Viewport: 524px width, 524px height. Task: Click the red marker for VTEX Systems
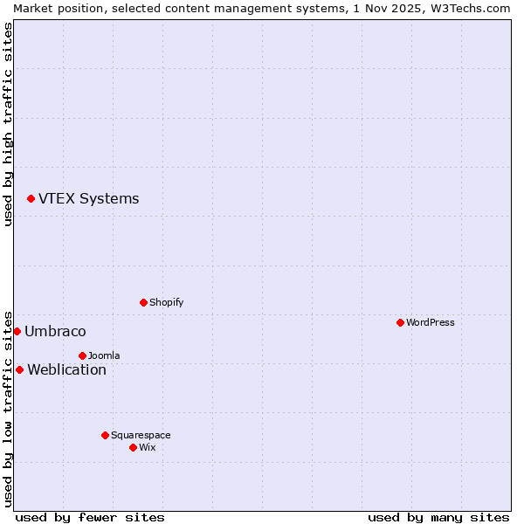pos(31,199)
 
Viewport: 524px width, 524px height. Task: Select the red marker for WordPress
pos(400,322)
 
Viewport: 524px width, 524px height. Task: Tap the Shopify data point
pos(143,302)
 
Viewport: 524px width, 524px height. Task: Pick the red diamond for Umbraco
pos(17,331)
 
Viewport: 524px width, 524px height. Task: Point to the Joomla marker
pos(82,355)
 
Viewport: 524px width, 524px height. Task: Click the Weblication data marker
pos(19,369)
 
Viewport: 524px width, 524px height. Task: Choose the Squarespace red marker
pos(105,435)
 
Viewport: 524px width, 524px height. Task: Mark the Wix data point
pos(133,447)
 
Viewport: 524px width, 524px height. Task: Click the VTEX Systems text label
pos(88,198)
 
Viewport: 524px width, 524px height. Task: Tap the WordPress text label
pos(430,322)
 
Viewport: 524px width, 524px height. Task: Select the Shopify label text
pos(166,302)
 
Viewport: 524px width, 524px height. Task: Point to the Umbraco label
pos(55,331)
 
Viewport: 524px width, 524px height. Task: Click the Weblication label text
pos(66,369)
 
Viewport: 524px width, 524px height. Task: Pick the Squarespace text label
pos(141,435)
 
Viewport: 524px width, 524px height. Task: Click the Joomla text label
pos(104,355)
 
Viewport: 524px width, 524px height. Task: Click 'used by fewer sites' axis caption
pos(90,517)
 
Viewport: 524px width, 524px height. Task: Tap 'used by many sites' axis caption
pos(438,517)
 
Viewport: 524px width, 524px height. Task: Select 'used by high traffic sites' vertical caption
pos(8,124)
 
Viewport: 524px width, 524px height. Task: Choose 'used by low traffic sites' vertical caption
pos(8,409)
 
